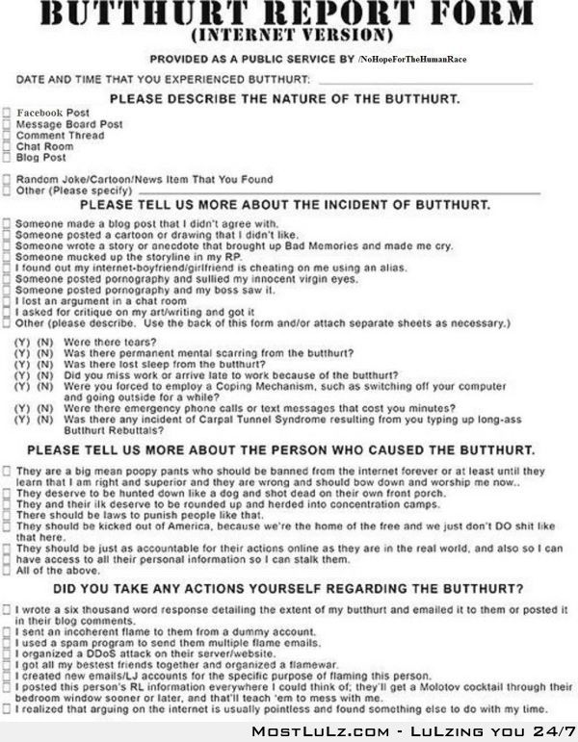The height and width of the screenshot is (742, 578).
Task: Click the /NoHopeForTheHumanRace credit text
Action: pyautogui.click(x=412, y=60)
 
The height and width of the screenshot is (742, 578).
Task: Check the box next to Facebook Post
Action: pyautogui.click(x=7, y=114)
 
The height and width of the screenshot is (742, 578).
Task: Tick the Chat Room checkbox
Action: pyautogui.click(x=7, y=147)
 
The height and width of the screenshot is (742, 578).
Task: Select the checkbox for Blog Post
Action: pyautogui.click(x=7, y=158)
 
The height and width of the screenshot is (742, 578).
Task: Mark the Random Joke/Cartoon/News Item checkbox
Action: pyautogui.click(x=7, y=180)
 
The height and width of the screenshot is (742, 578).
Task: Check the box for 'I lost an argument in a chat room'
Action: pyautogui.click(x=7, y=301)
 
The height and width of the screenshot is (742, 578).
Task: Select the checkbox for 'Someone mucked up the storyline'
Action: pyautogui.click(x=7, y=257)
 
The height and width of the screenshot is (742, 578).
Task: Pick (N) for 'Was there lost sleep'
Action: pyautogui.click(x=43, y=365)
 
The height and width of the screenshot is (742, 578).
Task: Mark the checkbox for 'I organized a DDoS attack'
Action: pyautogui.click(x=7, y=653)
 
